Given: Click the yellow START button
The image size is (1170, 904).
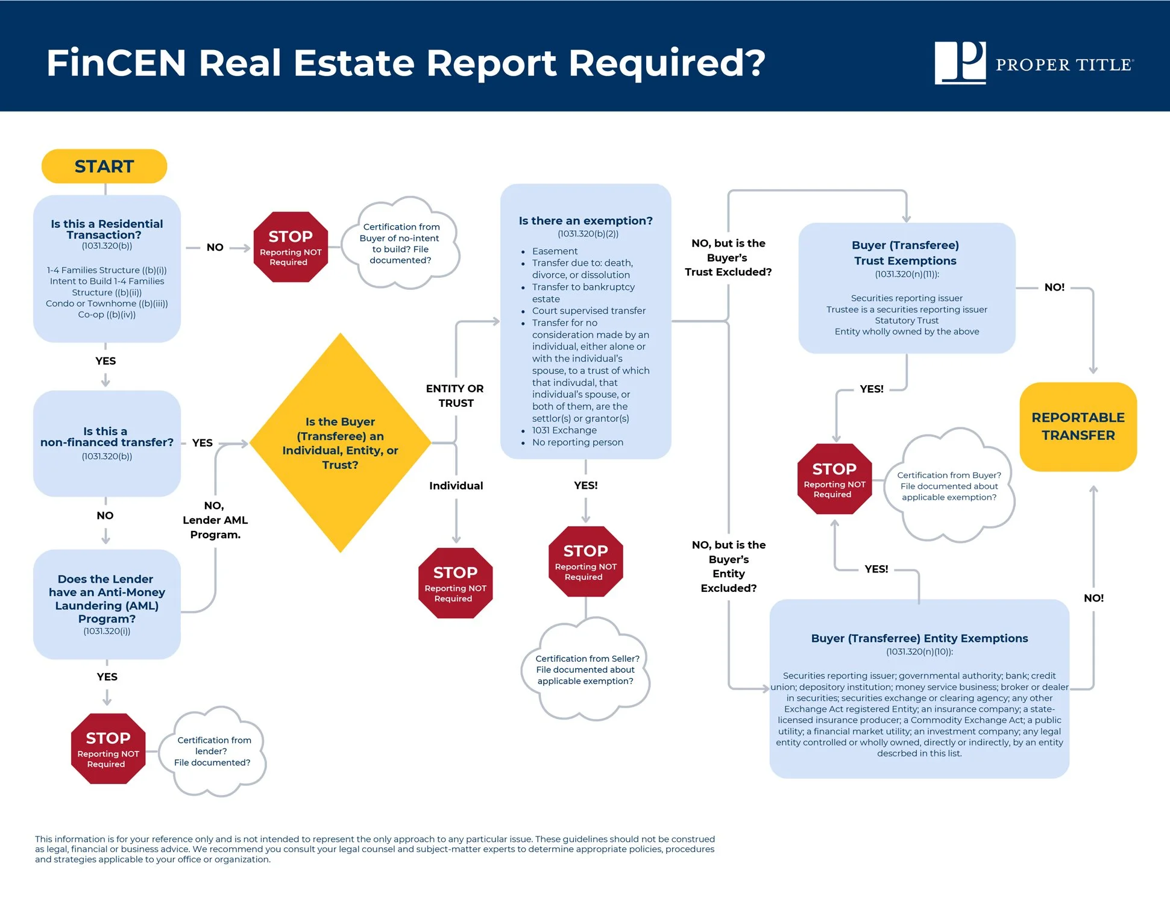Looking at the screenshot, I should (x=104, y=166).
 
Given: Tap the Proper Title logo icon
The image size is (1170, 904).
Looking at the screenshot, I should (x=960, y=63).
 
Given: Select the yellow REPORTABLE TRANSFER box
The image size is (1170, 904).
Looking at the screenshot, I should (x=1078, y=427).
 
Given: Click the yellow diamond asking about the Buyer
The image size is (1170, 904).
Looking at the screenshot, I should (x=340, y=443).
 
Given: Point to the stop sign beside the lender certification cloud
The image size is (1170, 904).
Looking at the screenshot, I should (x=108, y=749).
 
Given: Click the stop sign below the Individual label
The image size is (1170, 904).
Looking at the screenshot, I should (x=455, y=583).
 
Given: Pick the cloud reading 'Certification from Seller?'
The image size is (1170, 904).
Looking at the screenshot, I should (x=586, y=670).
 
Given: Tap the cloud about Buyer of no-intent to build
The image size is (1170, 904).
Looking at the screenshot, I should (x=401, y=243).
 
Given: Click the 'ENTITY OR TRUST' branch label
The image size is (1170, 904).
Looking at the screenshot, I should (x=455, y=396).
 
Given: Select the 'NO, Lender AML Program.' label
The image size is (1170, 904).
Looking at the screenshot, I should (x=215, y=520).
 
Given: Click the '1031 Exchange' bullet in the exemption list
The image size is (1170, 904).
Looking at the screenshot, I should (x=564, y=430).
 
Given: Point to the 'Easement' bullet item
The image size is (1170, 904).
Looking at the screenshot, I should (x=555, y=251).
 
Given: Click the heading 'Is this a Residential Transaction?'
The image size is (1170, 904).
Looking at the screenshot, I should (x=107, y=229).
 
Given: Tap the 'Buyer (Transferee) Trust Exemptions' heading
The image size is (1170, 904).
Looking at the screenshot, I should (x=905, y=253).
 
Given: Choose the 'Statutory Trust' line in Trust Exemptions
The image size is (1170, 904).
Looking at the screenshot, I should (x=907, y=321).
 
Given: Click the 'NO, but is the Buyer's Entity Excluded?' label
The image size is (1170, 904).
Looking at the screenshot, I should (x=729, y=567).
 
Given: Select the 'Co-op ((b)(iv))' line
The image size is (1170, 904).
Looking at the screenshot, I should (x=107, y=315).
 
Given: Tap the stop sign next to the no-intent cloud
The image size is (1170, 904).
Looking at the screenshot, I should (x=291, y=247).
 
